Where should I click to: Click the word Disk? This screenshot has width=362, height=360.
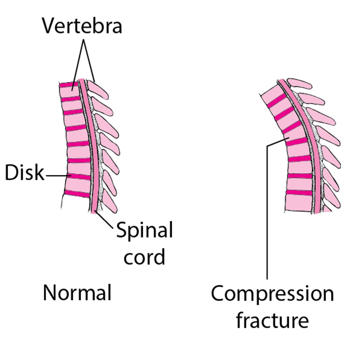(x=24, y=173)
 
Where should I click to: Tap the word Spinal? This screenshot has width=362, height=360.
(x=144, y=230)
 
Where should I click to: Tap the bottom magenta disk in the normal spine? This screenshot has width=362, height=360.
(x=77, y=194)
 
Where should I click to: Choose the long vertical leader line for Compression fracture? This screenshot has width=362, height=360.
(x=267, y=211)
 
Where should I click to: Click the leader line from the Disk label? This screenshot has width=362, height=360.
(x=57, y=175)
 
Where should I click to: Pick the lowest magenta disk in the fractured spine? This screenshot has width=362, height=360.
(x=299, y=193)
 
